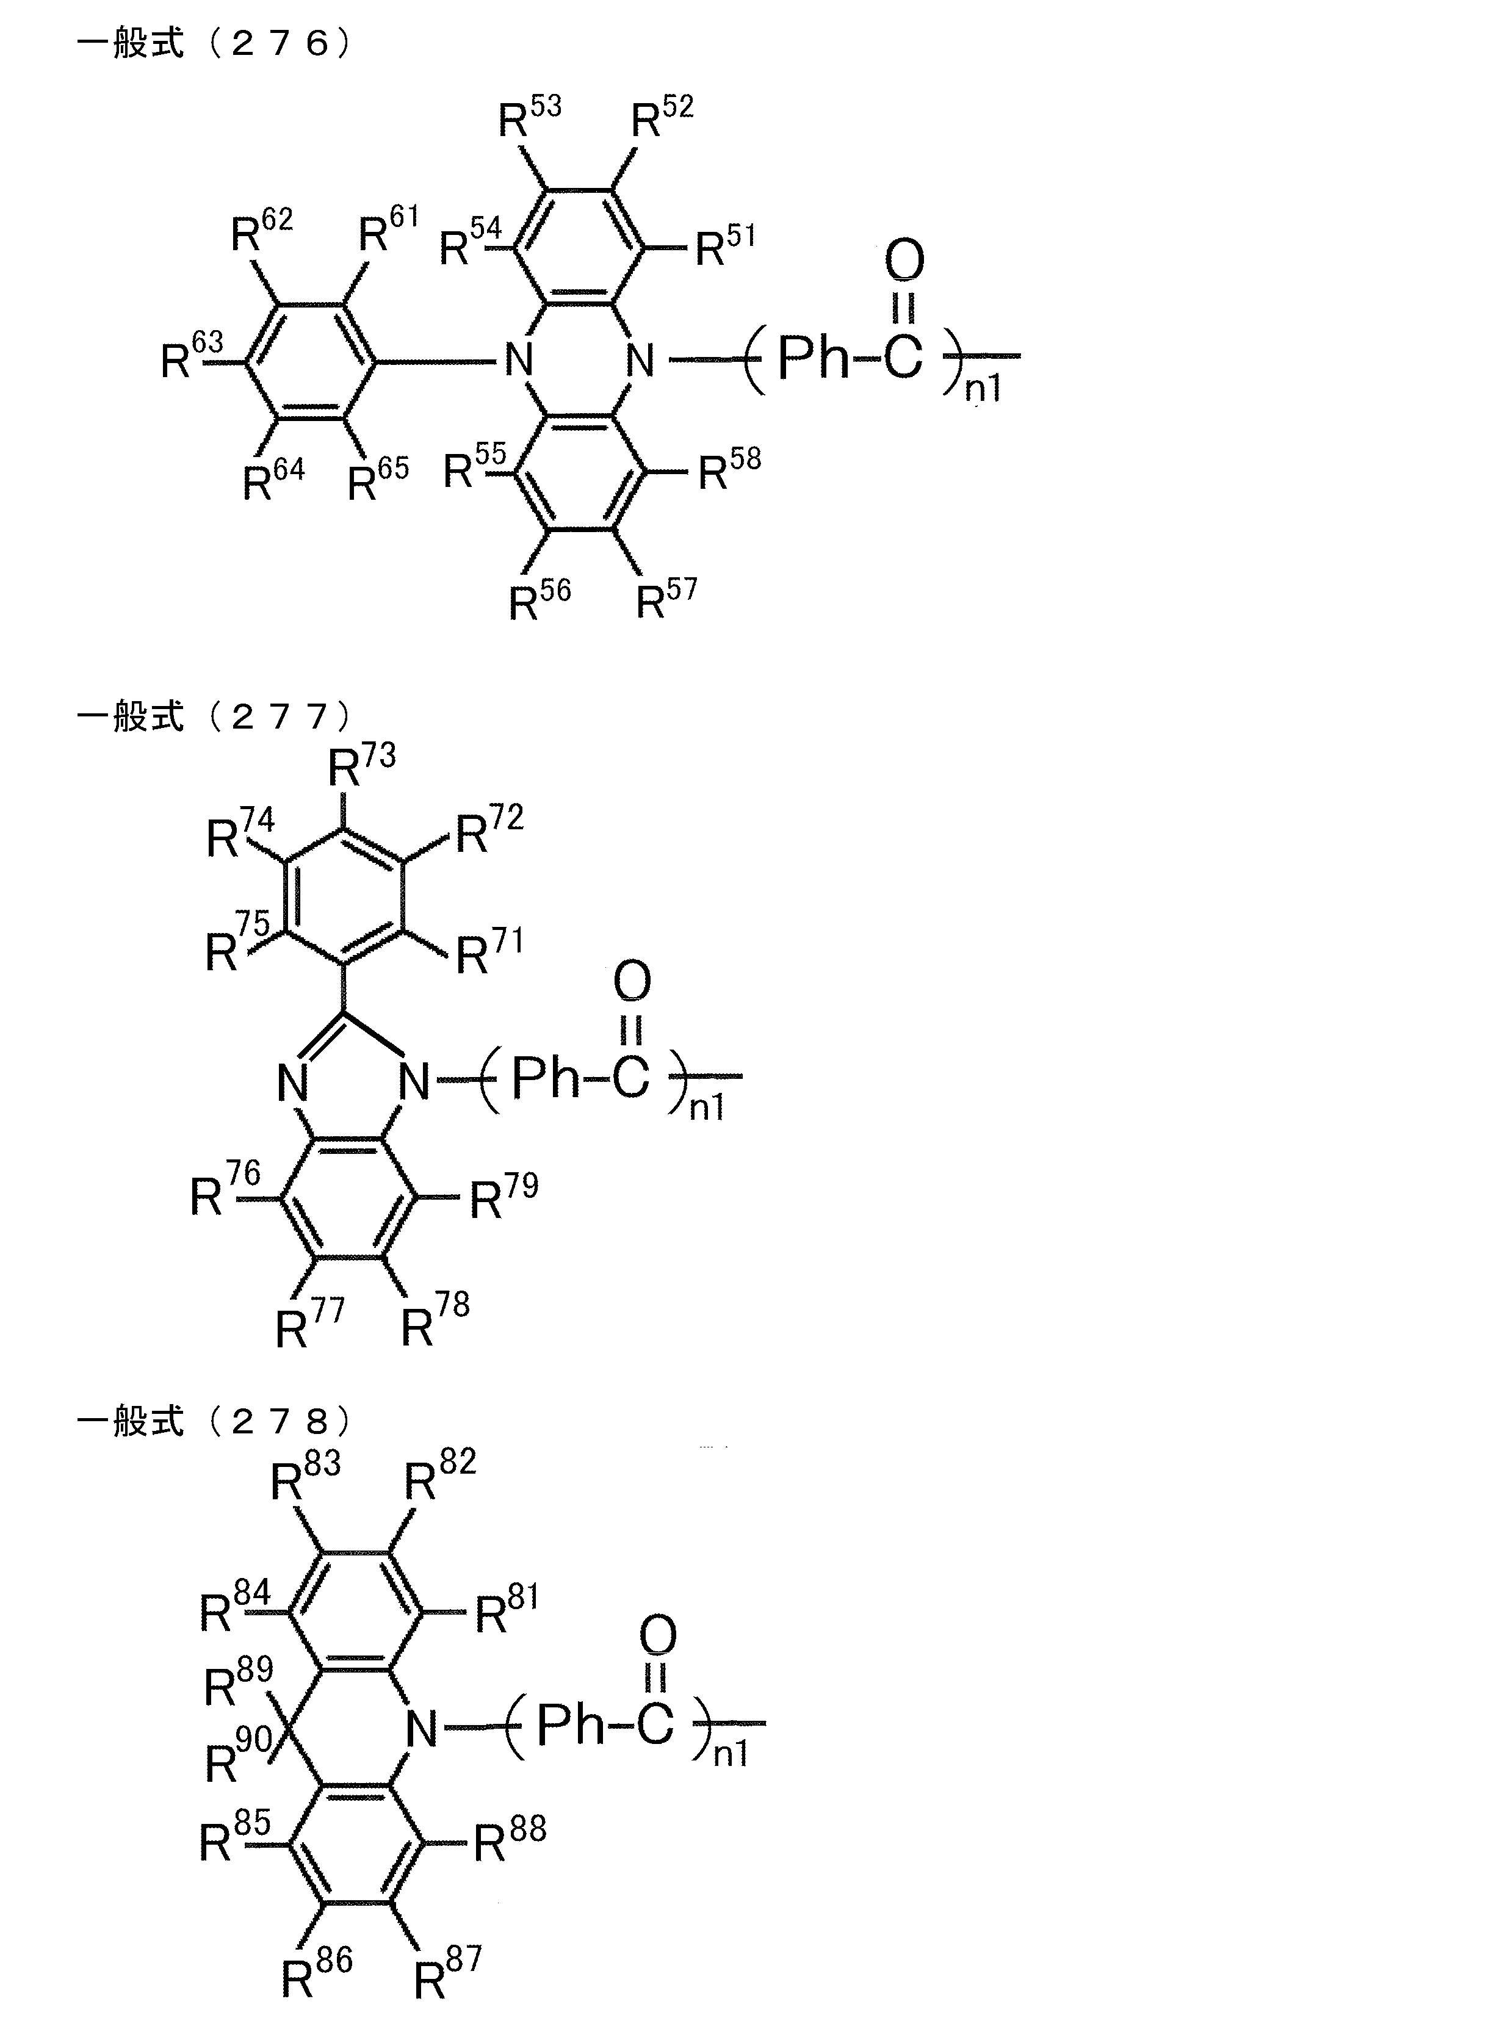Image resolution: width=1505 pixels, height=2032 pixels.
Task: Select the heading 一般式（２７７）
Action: pos(214,717)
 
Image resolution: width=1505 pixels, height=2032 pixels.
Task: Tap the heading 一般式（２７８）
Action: pos(214,1421)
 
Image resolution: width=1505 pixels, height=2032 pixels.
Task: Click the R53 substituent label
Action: pos(529,117)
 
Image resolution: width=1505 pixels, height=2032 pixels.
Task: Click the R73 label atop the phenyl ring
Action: pos(361,765)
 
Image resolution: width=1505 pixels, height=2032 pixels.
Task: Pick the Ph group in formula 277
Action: pos(545,1078)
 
